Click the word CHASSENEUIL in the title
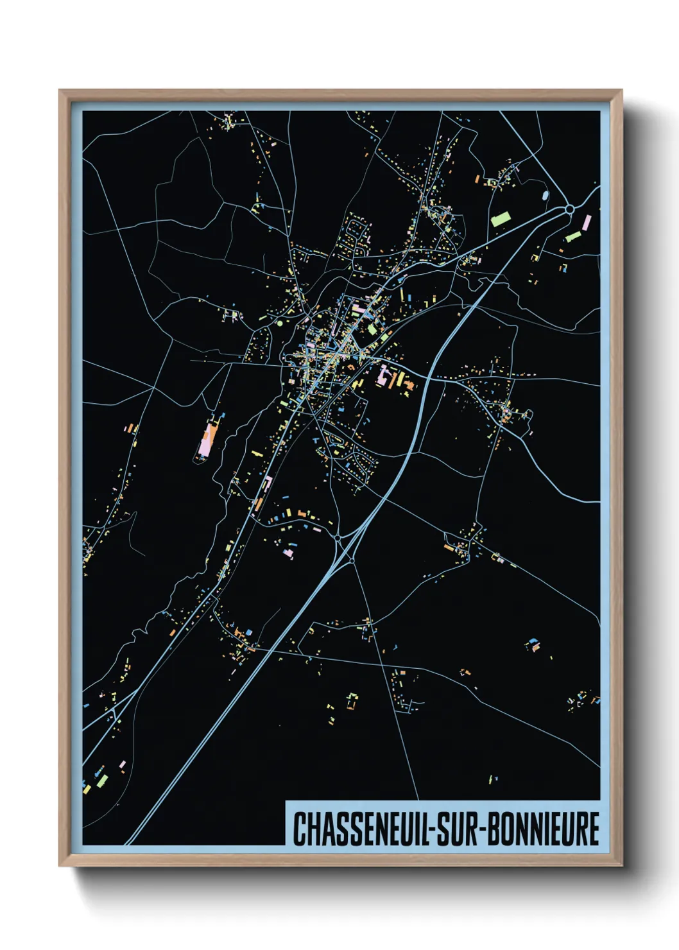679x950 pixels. click(x=363, y=829)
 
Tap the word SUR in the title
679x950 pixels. click(x=458, y=829)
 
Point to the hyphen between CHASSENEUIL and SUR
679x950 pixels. click(x=434, y=830)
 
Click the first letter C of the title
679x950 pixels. click(x=299, y=829)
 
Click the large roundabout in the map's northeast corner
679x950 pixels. click(x=569, y=209)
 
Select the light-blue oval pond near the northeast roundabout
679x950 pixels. click(x=546, y=194)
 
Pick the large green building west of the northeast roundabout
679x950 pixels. click(x=500, y=219)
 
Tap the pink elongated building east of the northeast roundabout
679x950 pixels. click(x=586, y=223)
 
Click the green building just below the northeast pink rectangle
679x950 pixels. click(x=573, y=237)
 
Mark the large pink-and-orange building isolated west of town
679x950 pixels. click(x=206, y=439)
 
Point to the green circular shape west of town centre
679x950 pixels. click(x=279, y=324)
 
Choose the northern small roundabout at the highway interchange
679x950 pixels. click(x=338, y=537)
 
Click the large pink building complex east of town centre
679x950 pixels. click(x=386, y=376)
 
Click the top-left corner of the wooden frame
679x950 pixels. click(x=60, y=91)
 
